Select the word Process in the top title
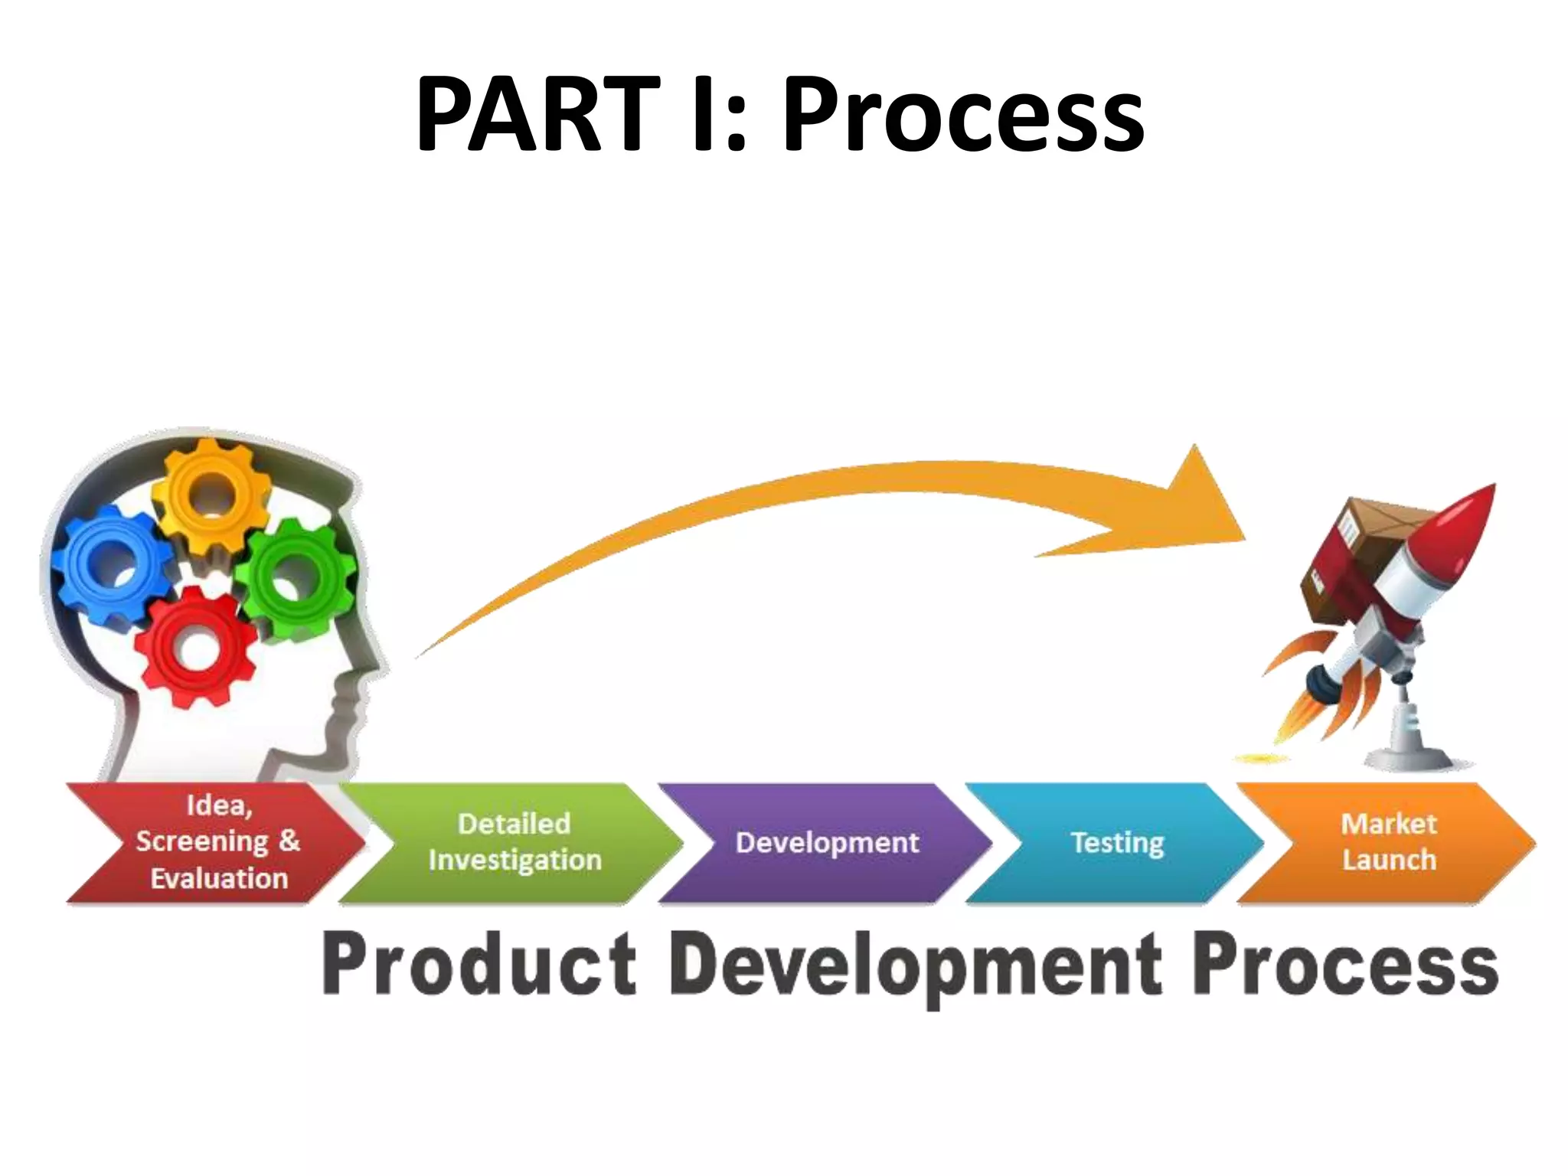coord(962,115)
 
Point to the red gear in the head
coord(195,648)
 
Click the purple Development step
coord(827,842)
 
